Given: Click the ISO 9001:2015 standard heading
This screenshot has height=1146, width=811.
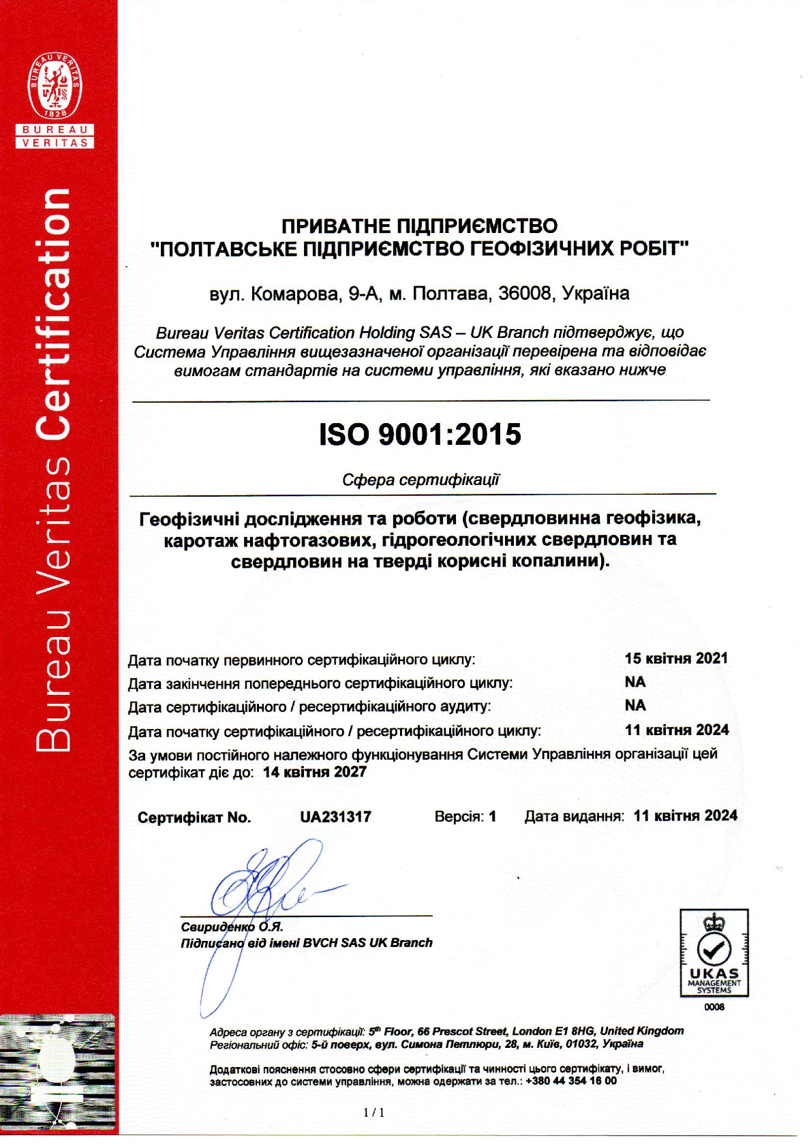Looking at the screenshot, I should point(420,435).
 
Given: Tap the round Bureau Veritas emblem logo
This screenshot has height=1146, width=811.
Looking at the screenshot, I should point(55,86).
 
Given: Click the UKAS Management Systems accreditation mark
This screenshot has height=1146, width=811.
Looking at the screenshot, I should point(714,953).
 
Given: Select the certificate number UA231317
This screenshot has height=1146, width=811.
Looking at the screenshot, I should point(335,817).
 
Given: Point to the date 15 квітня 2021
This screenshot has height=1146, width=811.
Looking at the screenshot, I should point(676,658).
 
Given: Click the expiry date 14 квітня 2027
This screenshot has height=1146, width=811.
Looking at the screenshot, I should point(314,772).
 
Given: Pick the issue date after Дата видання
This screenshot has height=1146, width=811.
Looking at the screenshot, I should point(685,816).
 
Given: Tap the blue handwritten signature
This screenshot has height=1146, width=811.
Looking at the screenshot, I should point(273,886).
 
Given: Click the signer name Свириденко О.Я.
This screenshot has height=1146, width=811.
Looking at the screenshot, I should point(232,927).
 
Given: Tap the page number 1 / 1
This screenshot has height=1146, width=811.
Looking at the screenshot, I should point(374,1113).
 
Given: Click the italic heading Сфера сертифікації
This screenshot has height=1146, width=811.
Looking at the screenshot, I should point(420,480).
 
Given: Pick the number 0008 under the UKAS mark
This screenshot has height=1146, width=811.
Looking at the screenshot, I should point(714,1007).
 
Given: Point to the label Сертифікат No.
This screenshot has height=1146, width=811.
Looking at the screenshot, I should point(194,818).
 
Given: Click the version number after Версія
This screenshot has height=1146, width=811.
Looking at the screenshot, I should point(492,816).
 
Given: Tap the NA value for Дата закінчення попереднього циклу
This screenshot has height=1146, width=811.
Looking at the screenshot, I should point(635,682).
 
